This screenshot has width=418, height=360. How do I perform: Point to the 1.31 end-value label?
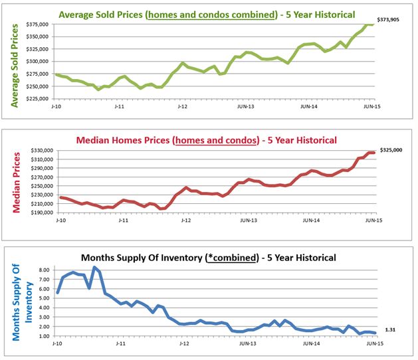click(390, 331)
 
